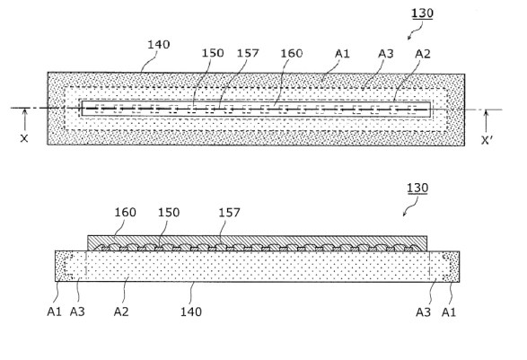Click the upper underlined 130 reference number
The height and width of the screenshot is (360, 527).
point(421,13)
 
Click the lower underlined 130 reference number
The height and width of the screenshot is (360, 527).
point(417,188)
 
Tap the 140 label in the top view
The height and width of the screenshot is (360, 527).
point(158,44)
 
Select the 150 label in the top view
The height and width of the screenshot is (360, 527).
point(213,54)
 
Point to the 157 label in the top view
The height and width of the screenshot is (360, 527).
point(248,54)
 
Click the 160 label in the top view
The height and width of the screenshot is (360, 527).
point(292,54)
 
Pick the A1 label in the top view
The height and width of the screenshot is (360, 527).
point(342,54)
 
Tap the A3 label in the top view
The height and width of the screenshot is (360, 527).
point(385,54)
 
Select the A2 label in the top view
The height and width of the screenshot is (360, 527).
point(424,54)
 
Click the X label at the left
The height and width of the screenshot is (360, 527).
point(24,139)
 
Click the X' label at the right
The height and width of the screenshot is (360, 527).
point(487,140)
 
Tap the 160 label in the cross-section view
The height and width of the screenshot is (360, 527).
point(125,213)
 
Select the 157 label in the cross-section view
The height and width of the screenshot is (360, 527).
point(230,213)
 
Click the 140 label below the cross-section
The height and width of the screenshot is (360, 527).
point(190,312)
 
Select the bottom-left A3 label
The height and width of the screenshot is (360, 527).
point(79,312)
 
